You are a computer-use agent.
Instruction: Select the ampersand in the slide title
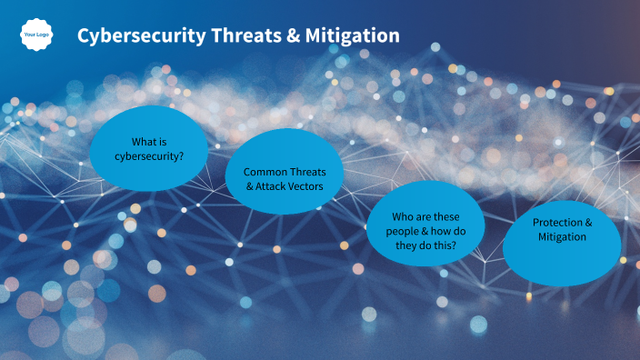click(x=293, y=36)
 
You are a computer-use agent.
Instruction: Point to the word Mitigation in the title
click(x=352, y=36)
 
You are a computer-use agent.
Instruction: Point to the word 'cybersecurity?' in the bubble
click(x=149, y=155)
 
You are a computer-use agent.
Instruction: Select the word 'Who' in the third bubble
click(x=403, y=216)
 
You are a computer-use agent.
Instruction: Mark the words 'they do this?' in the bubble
click(x=425, y=245)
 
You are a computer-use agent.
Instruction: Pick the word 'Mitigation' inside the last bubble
click(x=561, y=237)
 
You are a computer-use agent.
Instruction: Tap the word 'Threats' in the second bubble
click(x=306, y=172)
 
